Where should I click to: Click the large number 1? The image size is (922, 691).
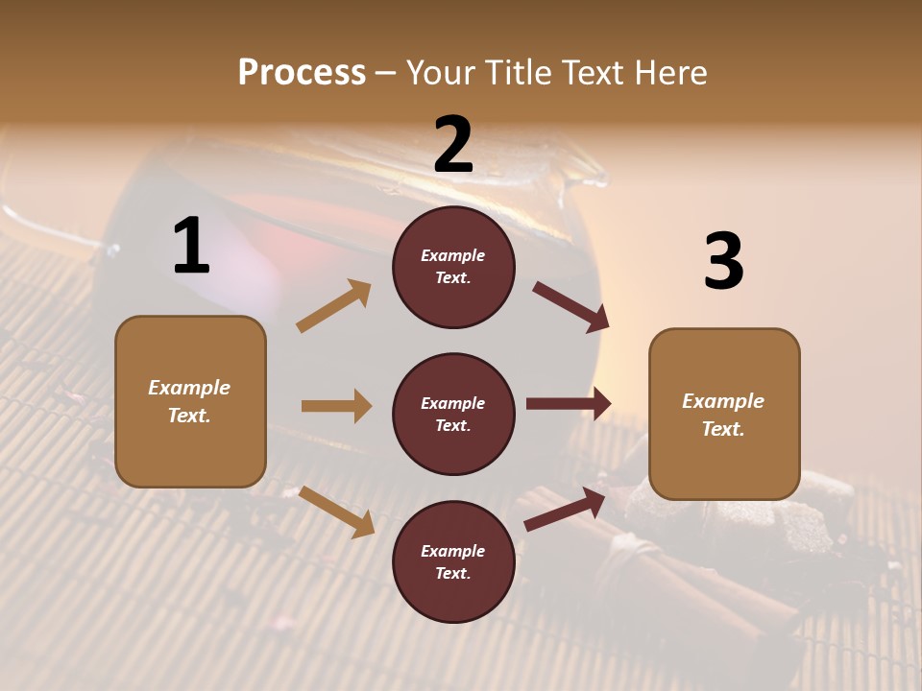tap(192, 247)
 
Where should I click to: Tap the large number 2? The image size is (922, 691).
tap(453, 145)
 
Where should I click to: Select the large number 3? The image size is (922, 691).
tap(724, 262)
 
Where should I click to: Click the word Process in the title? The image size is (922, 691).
tap(302, 72)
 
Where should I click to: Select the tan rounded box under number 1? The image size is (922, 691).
tap(190, 401)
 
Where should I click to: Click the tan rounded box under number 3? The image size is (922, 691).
tap(724, 415)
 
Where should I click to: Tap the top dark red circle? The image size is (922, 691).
tap(453, 267)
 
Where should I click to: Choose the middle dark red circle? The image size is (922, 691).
tap(453, 414)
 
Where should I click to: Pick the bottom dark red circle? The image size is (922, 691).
tap(453, 561)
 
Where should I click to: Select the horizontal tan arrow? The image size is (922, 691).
tap(336, 406)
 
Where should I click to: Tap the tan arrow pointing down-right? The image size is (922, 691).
tap(336, 511)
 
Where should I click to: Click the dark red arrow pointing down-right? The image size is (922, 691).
tap(570, 306)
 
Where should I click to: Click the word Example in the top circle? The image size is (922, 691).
tap(453, 255)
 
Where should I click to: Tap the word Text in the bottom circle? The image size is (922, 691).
tap(451, 573)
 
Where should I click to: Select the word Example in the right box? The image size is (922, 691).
tap(723, 401)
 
